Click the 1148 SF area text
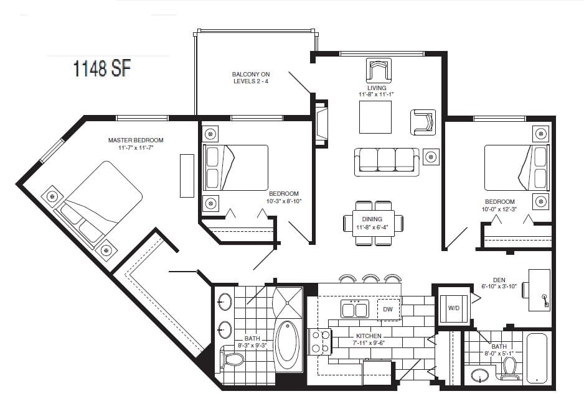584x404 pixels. tap(103, 69)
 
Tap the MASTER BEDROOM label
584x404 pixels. tap(136, 140)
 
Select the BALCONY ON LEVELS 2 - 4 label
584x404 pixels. tap(251, 78)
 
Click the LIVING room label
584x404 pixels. tap(377, 88)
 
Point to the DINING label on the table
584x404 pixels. tap(372, 218)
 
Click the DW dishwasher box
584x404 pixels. tap(388, 309)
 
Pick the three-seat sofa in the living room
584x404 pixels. tap(387, 161)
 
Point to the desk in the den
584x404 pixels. tap(539, 290)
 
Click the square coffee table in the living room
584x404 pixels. tap(375, 117)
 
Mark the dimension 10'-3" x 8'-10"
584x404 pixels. tap(285, 201)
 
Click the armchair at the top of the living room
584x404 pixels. tap(379, 70)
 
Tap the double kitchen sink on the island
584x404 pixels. tap(354, 308)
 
